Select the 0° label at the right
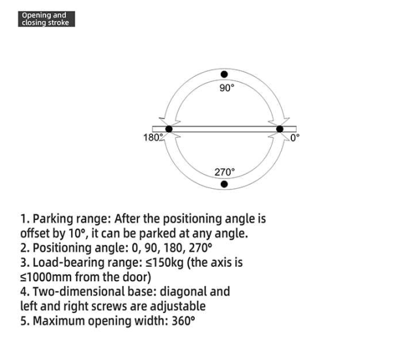(x=294, y=137)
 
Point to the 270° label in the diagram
(x=224, y=172)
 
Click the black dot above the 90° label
(x=224, y=75)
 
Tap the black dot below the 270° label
(x=224, y=184)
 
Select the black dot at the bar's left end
(x=169, y=129)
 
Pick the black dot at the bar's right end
(x=280, y=129)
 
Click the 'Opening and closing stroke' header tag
(x=44, y=19)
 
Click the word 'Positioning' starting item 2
(x=63, y=248)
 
